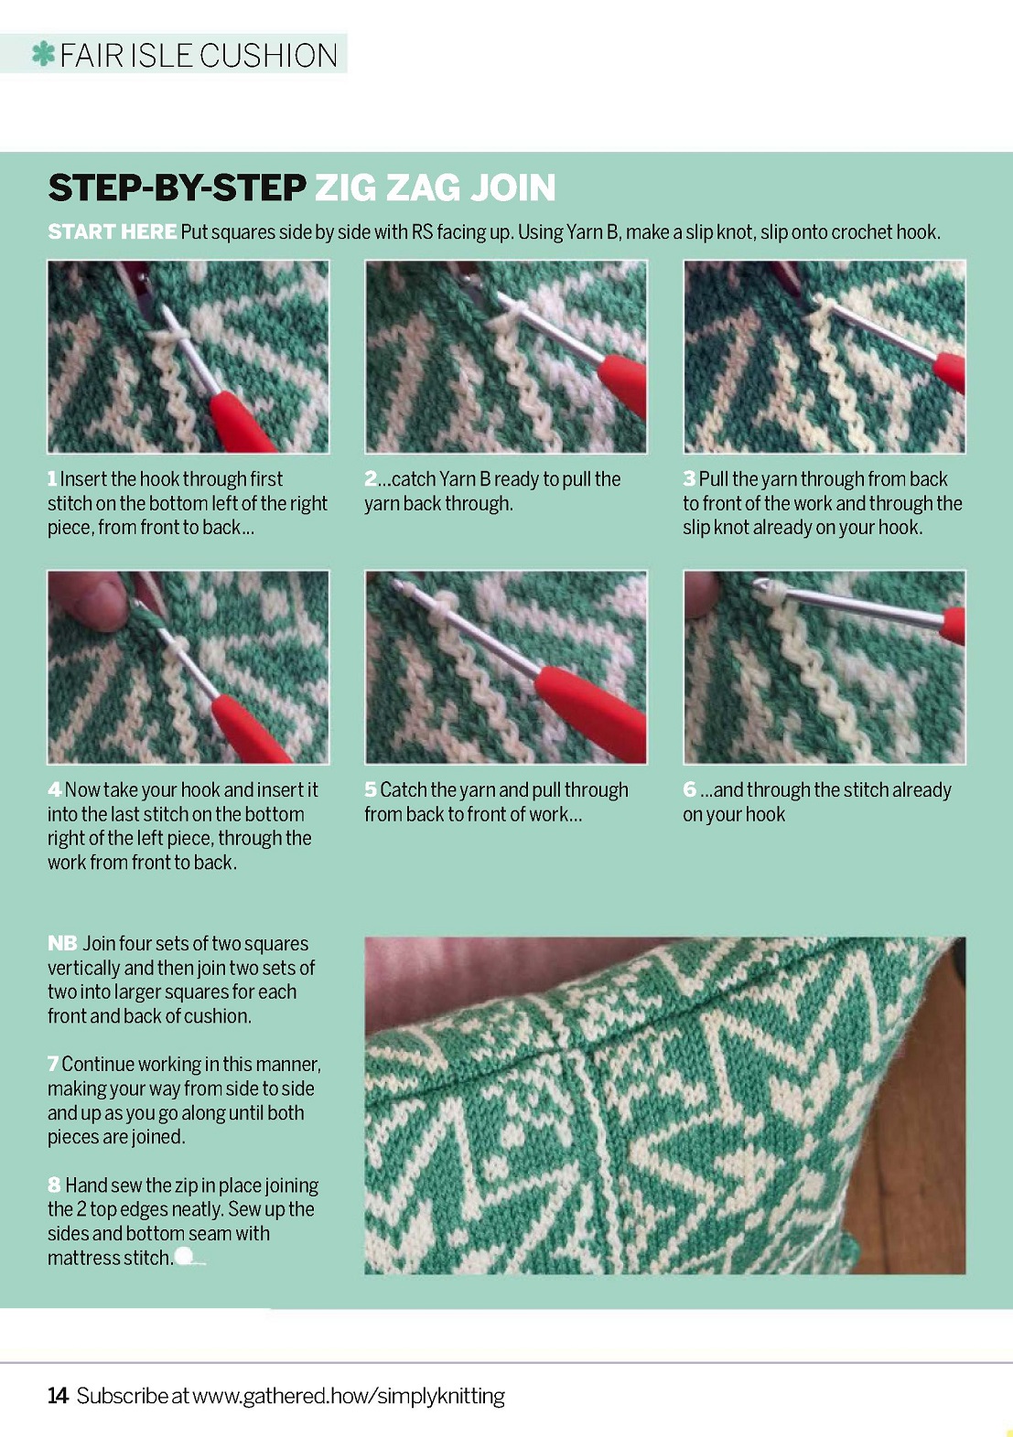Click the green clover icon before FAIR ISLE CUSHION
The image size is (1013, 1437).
pos(43,55)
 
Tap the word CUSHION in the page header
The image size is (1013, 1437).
pos(269,55)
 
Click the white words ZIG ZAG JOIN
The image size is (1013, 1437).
pos(436,188)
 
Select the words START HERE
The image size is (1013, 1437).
pos(113,231)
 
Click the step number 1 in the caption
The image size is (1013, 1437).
pos(52,479)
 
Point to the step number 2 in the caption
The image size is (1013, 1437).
pos(371,479)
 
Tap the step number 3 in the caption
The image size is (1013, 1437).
pos(689,479)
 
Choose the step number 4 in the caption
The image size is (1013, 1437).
pos(54,789)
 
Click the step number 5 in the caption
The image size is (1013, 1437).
pos(371,789)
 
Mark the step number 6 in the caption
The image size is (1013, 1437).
pos(689,789)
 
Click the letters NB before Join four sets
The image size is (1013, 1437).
pos(62,944)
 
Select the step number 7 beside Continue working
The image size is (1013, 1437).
pos(53,1065)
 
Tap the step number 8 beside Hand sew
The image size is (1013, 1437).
pos(54,1185)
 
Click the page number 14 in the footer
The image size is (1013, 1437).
pos(58,1395)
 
